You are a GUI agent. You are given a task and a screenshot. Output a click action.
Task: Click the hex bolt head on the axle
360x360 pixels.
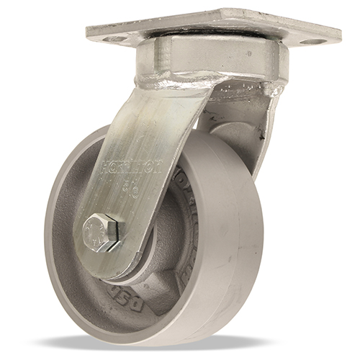tap(104, 232)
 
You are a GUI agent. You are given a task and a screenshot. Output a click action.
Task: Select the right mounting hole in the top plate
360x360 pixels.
tap(311, 42)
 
